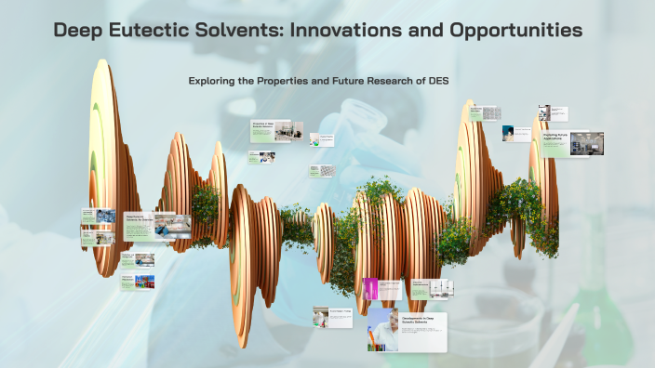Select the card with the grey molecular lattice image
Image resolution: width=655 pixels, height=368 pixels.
321,171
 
